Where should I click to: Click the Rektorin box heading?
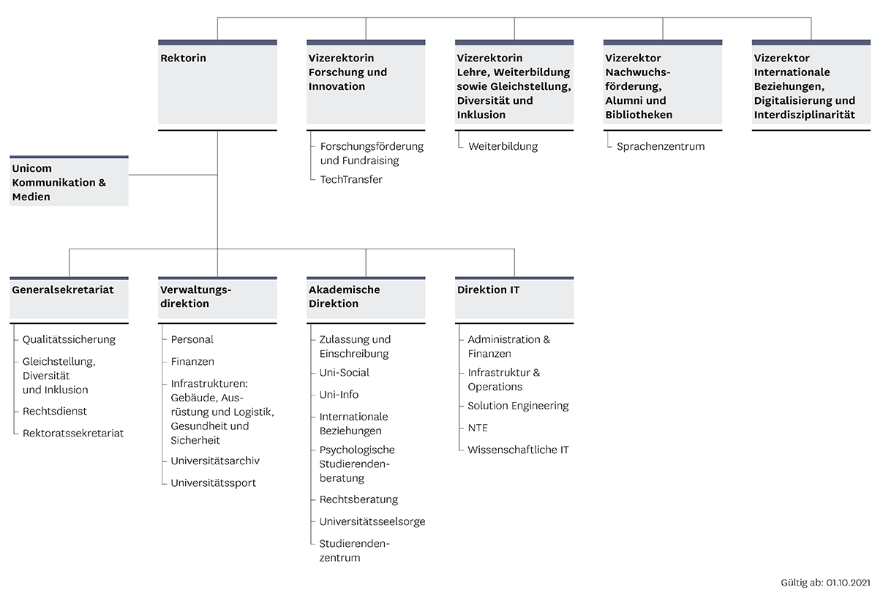tap(184, 58)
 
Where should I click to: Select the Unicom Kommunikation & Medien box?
tap(69, 181)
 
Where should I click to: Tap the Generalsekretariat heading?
tap(63, 290)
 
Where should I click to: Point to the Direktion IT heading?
tap(489, 290)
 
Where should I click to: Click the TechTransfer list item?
tap(351, 180)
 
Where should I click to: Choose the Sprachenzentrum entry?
tap(661, 146)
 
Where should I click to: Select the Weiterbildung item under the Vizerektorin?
tap(503, 146)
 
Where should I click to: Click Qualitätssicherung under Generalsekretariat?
tap(69, 339)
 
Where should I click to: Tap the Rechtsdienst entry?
tap(55, 411)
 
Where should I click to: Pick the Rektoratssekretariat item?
tap(73, 434)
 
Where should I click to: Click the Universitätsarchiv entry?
tap(215, 461)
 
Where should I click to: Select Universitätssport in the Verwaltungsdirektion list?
tap(214, 483)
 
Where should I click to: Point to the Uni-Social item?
tap(344, 373)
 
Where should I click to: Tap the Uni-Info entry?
tap(339, 395)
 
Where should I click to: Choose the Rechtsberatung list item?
tap(358, 499)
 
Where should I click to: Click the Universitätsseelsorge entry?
tap(372, 521)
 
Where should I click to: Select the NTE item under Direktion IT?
tap(478, 428)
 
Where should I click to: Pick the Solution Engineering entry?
tap(518, 406)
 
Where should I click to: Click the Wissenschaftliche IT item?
tap(518, 450)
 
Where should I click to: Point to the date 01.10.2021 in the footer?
tap(849, 583)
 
